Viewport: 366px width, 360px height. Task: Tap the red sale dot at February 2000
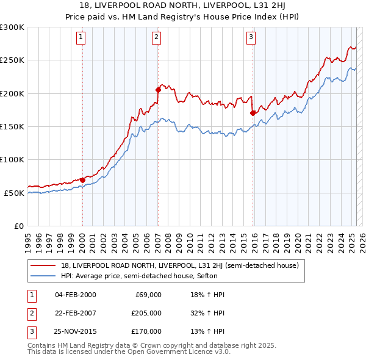click(82, 180)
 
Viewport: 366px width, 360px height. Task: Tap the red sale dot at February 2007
click(158, 90)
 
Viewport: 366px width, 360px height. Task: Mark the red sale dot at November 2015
click(253, 113)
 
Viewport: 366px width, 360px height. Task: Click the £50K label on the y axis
click(14, 193)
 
